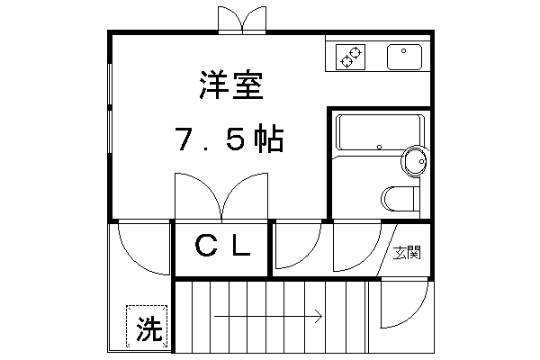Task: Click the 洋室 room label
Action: (x=230, y=87)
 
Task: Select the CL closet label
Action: (x=222, y=247)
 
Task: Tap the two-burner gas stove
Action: (x=349, y=58)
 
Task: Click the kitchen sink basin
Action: (x=403, y=57)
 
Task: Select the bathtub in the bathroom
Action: (x=378, y=132)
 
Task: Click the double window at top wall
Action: (x=241, y=21)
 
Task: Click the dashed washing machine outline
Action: (x=146, y=325)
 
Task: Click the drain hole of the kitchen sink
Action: (x=404, y=49)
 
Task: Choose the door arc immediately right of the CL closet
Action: (x=297, y=246)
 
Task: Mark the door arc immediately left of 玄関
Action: (x=355, y=246)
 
